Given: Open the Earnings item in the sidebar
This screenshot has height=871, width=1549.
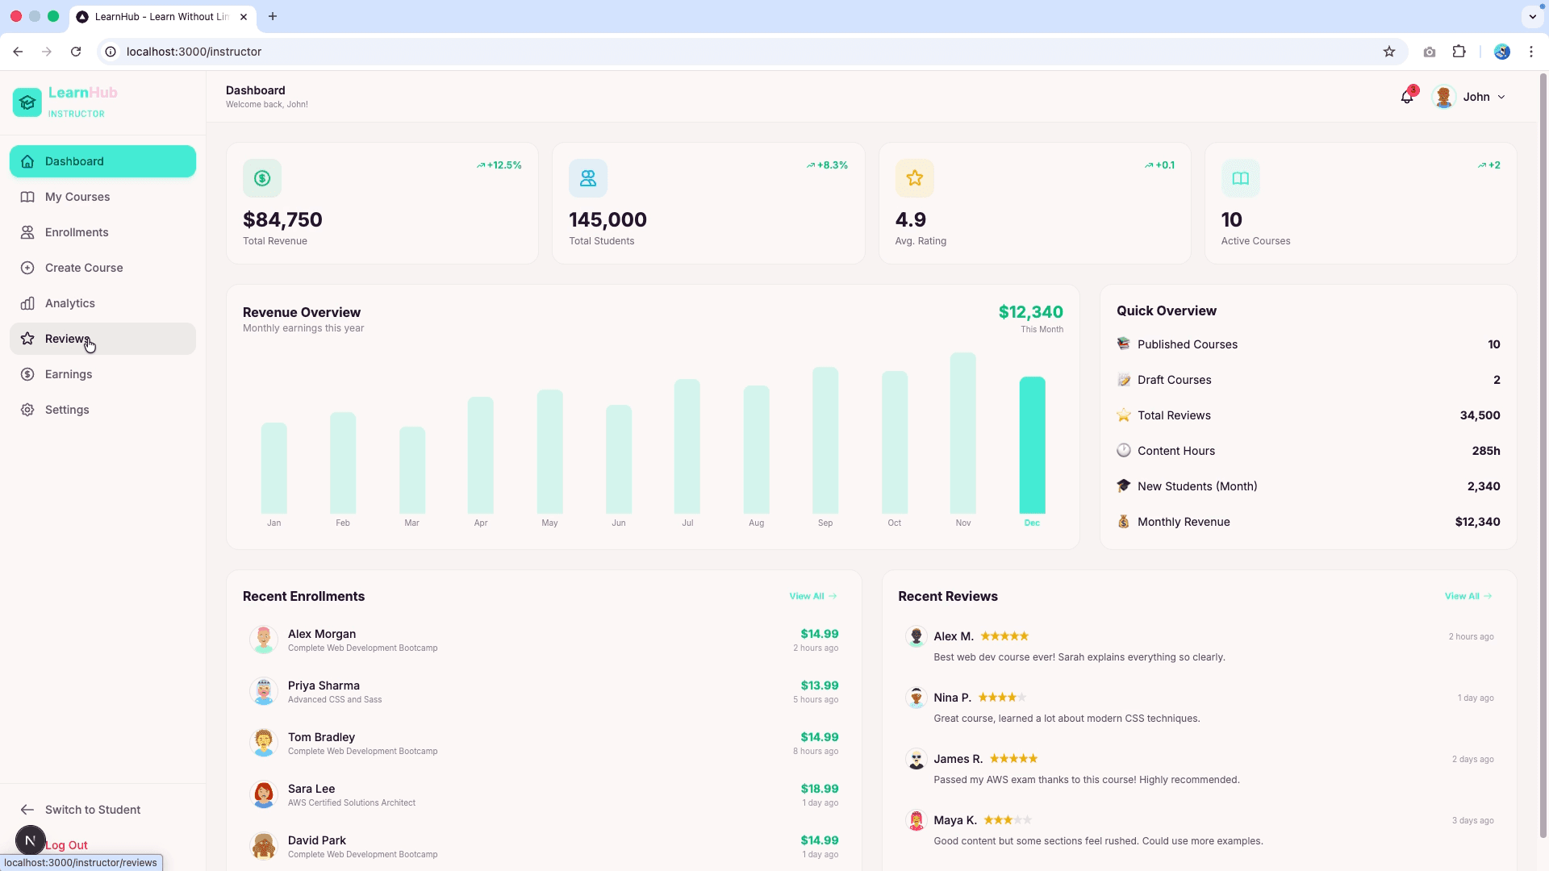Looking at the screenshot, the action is pyautogui.click(x=69, y=374).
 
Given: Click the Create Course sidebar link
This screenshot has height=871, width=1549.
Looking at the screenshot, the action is pyautogui.click(x=84, y=268).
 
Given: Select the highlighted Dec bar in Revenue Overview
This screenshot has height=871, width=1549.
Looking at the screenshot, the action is pyautogui.click(x=1032, y=445).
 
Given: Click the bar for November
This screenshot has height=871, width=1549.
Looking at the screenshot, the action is pyautogui.click(x=963, y=433).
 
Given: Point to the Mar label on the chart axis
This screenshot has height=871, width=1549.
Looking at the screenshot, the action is pyautogui.click(x=411, y=523).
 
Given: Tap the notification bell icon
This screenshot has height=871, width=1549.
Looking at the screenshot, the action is pyautogui.click(x=1407, y=97).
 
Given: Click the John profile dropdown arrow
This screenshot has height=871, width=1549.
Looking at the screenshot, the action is pyautogui.click(x=1501, y=97).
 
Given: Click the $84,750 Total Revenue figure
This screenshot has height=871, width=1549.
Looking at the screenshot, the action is pyautogui.click(x=282, y=219).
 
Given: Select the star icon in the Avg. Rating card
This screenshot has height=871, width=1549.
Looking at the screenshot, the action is pyautogui.click(x=914, y=178).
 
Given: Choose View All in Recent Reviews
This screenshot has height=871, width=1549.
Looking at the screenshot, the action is pyautogui.click(x=1468, y=596).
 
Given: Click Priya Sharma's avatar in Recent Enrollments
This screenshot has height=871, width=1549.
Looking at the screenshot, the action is pyautogui.click(x=264, y=691).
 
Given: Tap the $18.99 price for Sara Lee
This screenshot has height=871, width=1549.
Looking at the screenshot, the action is pyautogui.click(x=820, y=789).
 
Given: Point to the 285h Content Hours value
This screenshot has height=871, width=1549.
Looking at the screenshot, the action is pyautogui.click(x=1486, y=451).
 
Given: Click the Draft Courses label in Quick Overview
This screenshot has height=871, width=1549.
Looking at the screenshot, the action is pyautogui.click(x=1175, y=380).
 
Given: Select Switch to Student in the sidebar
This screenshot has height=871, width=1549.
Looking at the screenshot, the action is pyautogui.click(x=93, y=810).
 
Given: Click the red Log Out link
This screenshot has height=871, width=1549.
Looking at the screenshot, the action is pyautogui.click(x=67, y=845).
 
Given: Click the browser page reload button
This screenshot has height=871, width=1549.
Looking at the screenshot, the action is pyautogui.click(x=76, y=52).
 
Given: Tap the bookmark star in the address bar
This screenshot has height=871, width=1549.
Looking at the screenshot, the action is pyautogui.click(x=1389, y=52).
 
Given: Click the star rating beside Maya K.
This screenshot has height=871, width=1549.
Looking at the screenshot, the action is pyautogui.click(x=1007, y=820).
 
